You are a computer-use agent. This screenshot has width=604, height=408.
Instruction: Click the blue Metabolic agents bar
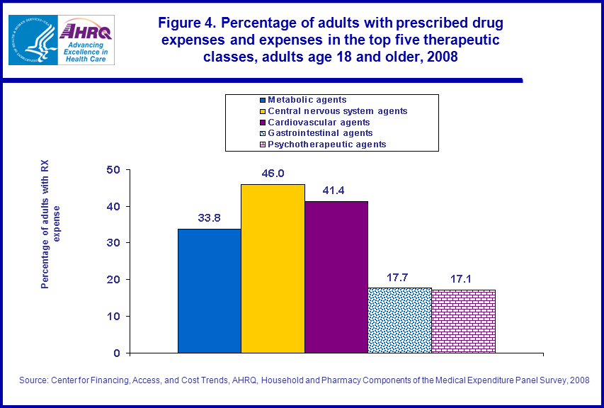[x=209, y=290]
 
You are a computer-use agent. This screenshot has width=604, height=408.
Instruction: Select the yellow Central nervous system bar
[x=273, y=268]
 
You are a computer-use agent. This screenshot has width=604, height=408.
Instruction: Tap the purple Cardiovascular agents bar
[x=336, y=277]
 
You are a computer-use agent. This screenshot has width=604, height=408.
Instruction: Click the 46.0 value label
[x=273, y=174]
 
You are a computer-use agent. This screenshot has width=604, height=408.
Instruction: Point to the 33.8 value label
[x=209, y=218]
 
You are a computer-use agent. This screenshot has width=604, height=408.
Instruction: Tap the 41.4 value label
[x=336, y=191]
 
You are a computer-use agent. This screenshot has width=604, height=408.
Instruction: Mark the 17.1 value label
[x=463, y=278]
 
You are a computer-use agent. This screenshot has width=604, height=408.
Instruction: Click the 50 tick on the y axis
[x=113, y=170]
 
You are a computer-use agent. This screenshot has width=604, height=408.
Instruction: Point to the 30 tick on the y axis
[x=113, y=243]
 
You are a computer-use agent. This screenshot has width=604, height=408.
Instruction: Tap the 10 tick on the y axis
[x=113, y=316]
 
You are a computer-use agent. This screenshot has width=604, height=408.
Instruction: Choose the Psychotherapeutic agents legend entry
[x=326, y=144]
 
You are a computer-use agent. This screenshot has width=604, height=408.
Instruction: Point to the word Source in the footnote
[x=33, y=380]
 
